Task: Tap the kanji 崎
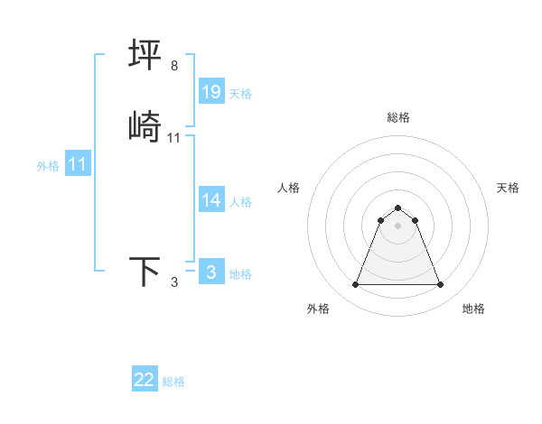coord(145,127)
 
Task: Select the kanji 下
coord(145,272)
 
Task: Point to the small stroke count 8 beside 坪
coord(174,66)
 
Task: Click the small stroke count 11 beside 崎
coord(174,138)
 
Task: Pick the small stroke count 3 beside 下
coord(174,282)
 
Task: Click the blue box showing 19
coord(211,92)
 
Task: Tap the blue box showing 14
coord(211,200)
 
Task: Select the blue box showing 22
coord(145,380)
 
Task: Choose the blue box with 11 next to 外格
coord(78,164)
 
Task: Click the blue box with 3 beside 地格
coord(211,272)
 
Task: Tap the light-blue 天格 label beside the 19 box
coord(240,94)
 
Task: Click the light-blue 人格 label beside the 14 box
coord(240,202)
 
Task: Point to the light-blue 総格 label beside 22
coord(173,382)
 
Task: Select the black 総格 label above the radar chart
coord(398,117)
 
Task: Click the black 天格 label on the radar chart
coord(508,188)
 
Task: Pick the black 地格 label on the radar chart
coord(473,309)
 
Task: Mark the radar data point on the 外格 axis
coord(355,285)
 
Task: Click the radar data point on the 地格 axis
coord(441,285)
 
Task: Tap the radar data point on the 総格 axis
coord(398,207)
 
